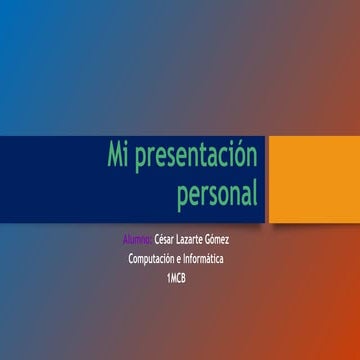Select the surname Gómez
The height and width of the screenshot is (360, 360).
pyautogui.click(x=227, y=240)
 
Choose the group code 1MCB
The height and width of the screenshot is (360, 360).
pyautogui.click(x=176, y=277)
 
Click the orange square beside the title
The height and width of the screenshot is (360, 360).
pyautogui.click(x=304, y=178)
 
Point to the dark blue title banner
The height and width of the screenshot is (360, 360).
pyautogui.click(x=60, y=178)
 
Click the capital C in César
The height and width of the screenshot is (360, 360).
pyautogui.click(x=158, y=240)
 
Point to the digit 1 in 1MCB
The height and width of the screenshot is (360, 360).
pyautogui.click(x=168, y=277)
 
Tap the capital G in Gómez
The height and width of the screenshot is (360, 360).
pyautogui.click(x=217, y=240)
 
